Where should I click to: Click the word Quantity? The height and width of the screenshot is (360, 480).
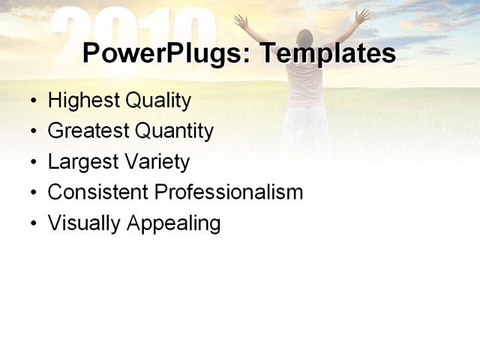click(x=174, y=131)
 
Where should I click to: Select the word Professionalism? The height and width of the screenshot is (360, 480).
click(x=228, y=192)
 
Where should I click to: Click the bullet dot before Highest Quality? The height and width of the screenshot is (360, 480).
click(x=33, y=101)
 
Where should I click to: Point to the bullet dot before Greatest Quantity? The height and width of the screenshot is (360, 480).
click(x=33, y=132)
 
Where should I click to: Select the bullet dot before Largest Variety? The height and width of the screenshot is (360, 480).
click(x=33, y=163)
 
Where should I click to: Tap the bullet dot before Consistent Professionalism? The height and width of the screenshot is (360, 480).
click(x=33, y=193)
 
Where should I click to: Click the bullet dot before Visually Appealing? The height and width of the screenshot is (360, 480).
click(x=33, y=224)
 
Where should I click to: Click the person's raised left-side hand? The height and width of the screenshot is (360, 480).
click(x=240, y=20)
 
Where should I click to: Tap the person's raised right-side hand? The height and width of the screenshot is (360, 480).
click(x=363, y=14)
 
